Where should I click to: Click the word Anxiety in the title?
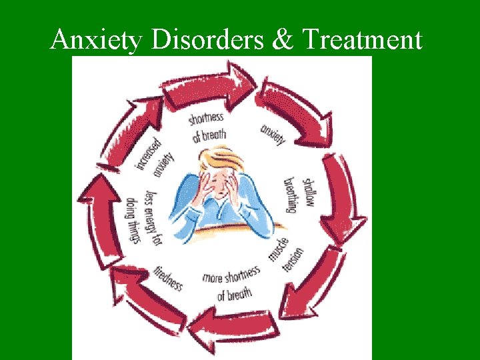pyautogui.click(x=96, y=41)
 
